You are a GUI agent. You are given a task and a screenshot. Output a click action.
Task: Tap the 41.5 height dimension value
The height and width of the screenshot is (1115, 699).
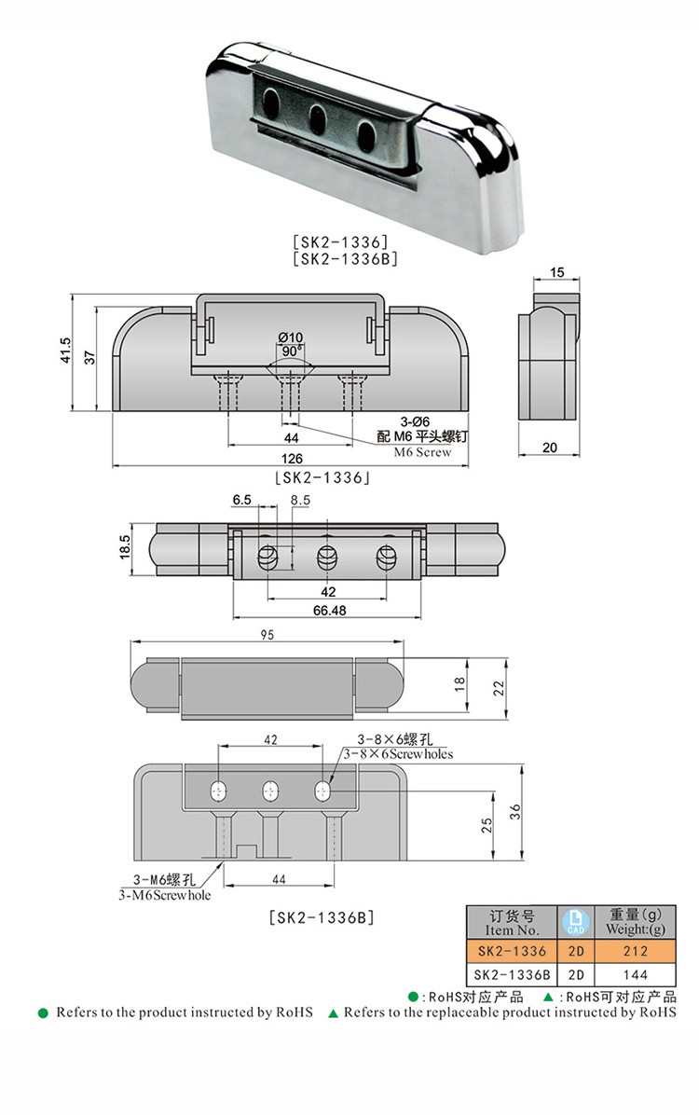coord(64,353)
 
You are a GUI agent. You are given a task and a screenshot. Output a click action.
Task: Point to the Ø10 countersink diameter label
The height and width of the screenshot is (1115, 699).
coord(291,337)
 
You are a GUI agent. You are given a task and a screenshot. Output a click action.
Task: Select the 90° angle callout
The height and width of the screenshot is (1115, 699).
coord(291,351)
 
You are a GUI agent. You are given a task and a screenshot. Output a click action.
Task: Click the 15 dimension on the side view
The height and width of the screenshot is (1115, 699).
coord(557,272)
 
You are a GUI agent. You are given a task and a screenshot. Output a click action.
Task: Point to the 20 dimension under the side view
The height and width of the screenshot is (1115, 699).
coord(549,448)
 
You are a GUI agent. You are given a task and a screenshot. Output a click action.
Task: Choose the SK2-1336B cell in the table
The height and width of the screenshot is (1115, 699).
coord(512,974)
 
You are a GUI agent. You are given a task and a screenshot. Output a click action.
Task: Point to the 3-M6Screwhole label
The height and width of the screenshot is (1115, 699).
coord(164,895)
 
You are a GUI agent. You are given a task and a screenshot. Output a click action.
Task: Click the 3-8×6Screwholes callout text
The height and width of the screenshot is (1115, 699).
coord(398,753)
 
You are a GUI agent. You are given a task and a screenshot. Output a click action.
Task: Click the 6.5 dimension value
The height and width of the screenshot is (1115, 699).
coord(242,501)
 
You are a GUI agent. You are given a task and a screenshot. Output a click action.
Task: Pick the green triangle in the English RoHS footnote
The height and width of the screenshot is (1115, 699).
coord(333,1012)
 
